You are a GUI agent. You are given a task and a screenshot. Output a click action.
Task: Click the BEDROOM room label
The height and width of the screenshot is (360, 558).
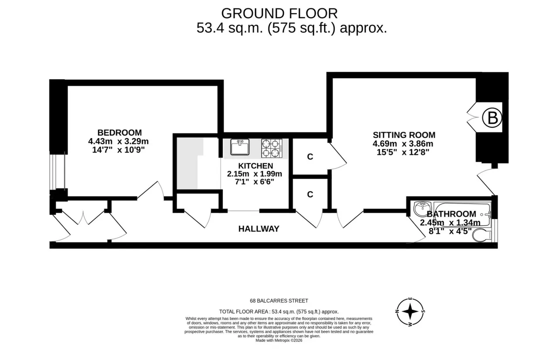click(119, 132)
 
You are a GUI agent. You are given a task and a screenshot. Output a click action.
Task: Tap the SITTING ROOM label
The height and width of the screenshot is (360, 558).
click(404, 135)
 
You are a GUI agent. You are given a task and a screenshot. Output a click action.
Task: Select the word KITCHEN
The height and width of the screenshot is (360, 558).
click(255, 166)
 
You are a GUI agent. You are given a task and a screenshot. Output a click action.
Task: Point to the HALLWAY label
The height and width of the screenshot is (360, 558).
click(259, 229)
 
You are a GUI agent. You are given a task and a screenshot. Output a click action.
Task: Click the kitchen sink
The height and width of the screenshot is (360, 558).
click(240, 147)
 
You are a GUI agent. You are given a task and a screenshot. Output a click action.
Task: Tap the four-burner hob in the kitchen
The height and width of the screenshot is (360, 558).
click(272, 148)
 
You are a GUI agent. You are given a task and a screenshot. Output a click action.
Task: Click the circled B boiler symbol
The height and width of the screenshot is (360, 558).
click(492, 118)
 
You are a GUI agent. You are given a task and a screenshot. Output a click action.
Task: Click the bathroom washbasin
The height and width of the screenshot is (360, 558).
click(422, 209)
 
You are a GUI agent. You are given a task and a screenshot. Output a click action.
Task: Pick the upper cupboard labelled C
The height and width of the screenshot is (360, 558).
click(310, 156)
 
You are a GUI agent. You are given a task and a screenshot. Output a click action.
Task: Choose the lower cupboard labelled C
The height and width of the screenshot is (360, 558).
click(310, 194)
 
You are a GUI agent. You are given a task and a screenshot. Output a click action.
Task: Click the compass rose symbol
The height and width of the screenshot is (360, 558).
click(410, 312)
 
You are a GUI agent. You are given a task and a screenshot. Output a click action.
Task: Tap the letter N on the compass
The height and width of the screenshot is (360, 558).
click(397, 311)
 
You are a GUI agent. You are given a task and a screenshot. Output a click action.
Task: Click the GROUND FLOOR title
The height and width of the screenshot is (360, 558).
click(279, 14)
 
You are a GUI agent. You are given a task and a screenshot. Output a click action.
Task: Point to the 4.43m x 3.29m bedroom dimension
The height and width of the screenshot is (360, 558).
click(118, 141)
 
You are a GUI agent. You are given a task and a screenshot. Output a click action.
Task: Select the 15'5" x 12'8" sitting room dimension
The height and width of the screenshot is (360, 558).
click(403, 152)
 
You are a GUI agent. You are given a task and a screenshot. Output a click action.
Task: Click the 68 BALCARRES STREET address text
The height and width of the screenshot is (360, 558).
click(279, 301)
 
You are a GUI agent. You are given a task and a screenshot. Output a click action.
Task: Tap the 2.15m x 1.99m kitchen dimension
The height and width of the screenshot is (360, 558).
click(254, 174)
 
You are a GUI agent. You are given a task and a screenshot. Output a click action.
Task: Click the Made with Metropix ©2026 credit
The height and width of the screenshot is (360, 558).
click(279, 340)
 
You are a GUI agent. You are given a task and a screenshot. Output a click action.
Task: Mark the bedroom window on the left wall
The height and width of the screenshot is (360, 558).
click(57, 172)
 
